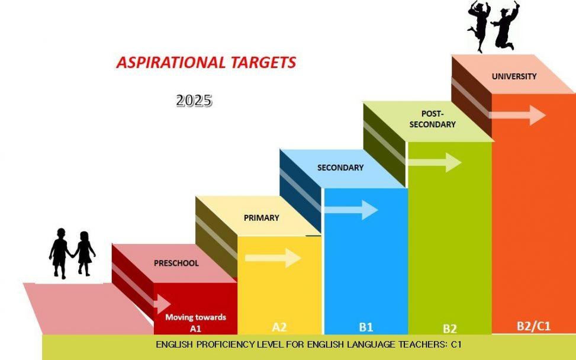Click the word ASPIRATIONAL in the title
point(171,62)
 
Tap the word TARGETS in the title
point(263,62)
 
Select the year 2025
point(194,100)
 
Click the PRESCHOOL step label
point(176,263)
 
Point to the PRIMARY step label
point(262,218)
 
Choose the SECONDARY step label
point(340,168)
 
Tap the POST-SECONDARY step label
point(432,119)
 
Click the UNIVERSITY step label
point(514,76)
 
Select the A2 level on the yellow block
point(279,327)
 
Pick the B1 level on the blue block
point(366,327)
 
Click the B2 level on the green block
point(450,329)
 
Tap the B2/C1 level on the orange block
point(534,326)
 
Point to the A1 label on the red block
point(195,329)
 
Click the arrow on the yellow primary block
point(273,258)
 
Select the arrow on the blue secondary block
point(351,210)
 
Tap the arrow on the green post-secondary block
point(435,162)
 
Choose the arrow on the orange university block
point(517,115)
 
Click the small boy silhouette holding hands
point(60,253)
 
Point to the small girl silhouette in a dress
point(84,253)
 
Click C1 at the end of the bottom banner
point(456,345)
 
